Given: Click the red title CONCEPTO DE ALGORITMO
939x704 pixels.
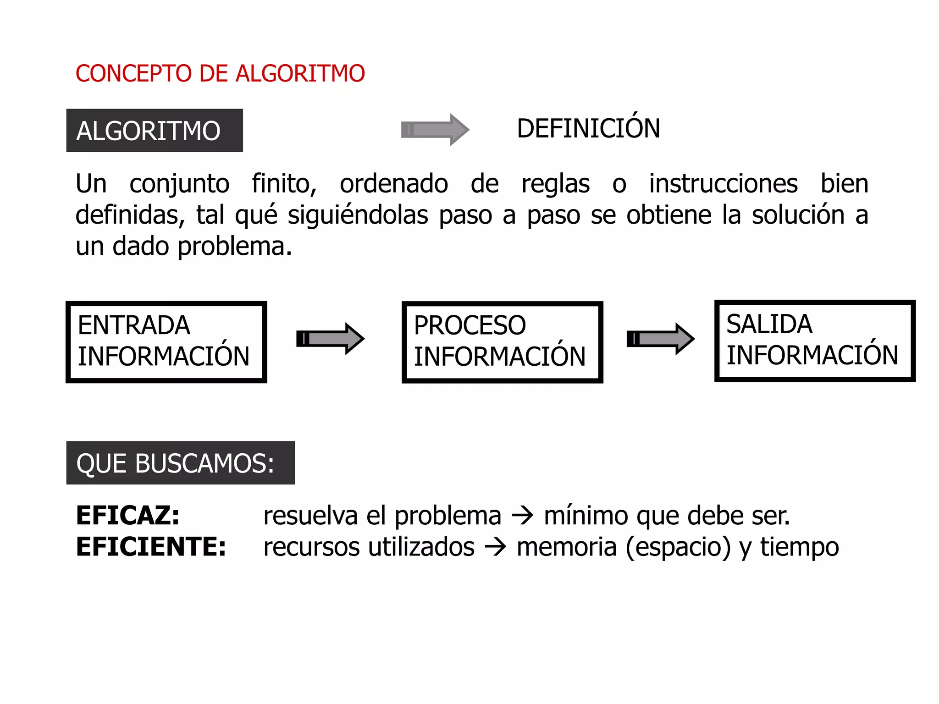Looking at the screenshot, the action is pos(220,73).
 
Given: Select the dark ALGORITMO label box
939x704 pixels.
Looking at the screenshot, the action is pos(155,131).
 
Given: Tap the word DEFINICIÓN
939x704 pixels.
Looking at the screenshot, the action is pos(588,128).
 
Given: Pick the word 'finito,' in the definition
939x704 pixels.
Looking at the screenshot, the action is pos(284,184).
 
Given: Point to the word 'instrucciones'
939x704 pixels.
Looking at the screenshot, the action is pos(723,184).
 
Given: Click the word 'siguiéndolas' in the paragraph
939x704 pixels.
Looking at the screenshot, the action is pos(358,215).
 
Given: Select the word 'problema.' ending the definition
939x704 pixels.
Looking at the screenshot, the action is pos(235,247).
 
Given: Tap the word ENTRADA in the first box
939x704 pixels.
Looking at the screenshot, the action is pos(134,325).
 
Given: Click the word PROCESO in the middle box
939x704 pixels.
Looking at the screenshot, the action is pos(469,325).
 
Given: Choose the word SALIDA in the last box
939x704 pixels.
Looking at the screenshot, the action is pos(769,324).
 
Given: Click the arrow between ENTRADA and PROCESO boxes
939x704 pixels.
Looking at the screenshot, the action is pos(330,339).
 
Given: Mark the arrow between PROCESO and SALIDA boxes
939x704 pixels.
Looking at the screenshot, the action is pos(660,339).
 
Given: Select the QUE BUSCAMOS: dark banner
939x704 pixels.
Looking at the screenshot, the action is pos(180,463).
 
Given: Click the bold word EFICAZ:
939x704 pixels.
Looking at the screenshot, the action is pos(128,516).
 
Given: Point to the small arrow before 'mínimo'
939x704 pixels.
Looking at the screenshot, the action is pos(522,516).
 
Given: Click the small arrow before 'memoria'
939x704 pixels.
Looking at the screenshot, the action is pos(495,547).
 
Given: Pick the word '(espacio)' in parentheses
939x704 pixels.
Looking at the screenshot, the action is pos(678,547).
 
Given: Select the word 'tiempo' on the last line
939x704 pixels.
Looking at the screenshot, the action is pos(800,547).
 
